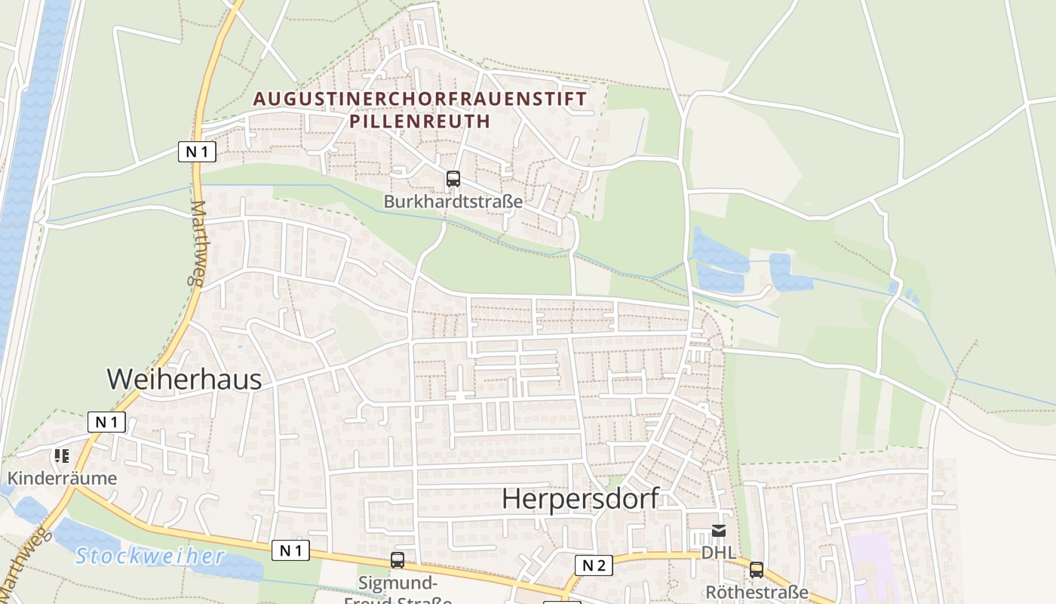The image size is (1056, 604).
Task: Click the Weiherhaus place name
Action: [x=184, y=379]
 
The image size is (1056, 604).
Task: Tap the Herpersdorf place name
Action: [x=580, y=499]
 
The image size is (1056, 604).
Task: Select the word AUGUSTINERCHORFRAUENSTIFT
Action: [x=420, y=99]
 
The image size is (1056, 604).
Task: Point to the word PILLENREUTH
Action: [x=420, y=121]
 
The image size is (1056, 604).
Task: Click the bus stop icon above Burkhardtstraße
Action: [x=453, y=179]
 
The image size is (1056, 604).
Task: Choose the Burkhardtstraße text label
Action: [x=453, y=202]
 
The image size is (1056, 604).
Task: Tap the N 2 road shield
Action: [x=594, y=565]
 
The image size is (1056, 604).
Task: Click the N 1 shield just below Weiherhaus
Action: [x=106, y=422]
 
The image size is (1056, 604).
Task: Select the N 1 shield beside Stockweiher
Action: [x=290, y=550]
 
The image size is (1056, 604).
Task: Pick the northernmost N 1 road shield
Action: [x=197, y=151]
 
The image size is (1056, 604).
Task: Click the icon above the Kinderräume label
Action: [x=61, y=456]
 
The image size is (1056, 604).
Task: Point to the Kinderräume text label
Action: [x=63, y=478]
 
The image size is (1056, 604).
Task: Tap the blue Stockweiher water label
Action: [x=150, y=557]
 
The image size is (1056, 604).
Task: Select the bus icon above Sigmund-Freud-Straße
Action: [x=398, y=560]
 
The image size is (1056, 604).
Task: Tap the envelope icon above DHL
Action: [x=719, y=532]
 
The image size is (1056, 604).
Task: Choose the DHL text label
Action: [x=719, y=553]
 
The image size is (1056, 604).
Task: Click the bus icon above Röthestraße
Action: [x=756, y=570]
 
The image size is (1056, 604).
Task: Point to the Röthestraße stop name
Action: [x=757, y=592]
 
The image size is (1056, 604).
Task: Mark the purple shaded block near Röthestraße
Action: [x=871, y=566]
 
